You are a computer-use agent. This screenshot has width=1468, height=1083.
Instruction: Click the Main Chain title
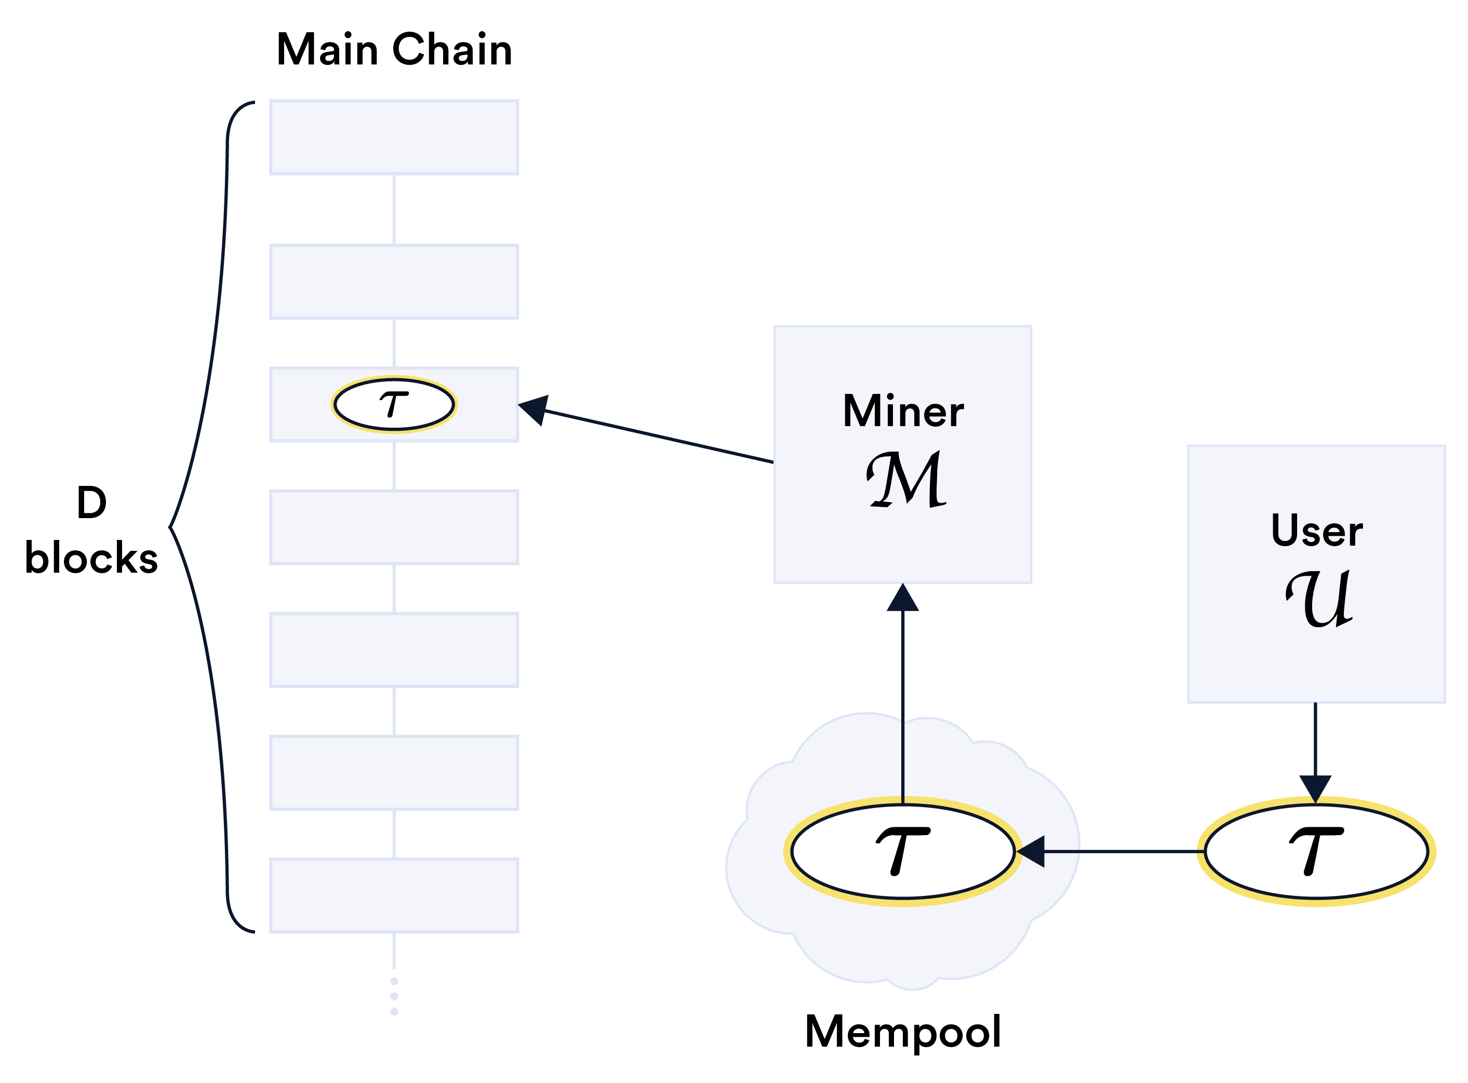[394, 50]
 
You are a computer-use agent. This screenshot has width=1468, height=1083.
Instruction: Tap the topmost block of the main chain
[394, 138]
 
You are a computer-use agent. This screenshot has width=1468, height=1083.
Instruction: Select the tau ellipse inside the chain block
[394, 404]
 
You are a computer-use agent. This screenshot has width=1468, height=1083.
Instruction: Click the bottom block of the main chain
[394, 895]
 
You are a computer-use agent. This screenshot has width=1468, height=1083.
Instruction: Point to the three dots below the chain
[394, 996]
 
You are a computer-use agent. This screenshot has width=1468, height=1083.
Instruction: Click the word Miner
[903, 412]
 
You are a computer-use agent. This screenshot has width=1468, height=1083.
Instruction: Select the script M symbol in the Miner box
[906, 479]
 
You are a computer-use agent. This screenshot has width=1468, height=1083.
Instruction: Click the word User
[1317, 531]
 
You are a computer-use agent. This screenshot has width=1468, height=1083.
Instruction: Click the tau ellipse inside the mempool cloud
[903, 852]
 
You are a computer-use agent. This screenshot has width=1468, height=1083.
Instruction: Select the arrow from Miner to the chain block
[656, 435]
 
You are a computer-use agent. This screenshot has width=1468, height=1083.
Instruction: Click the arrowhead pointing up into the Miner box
[903, 599]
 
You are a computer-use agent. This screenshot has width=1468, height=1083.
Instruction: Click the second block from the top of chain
[394, 282]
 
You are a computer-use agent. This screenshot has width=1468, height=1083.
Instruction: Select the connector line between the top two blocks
[394, 210]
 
